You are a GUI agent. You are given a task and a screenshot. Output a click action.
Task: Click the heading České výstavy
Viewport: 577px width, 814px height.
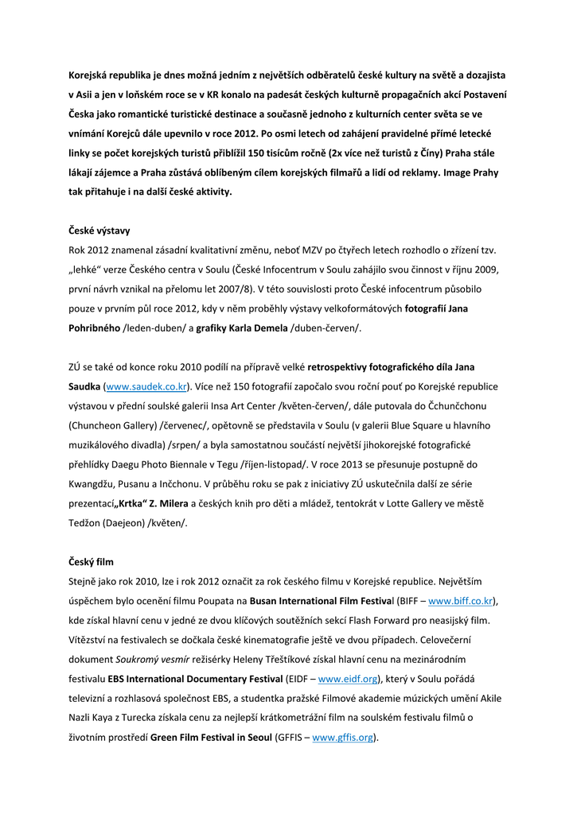pos(99,231)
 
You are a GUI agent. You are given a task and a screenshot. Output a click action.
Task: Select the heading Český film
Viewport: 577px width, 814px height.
pos(91,562)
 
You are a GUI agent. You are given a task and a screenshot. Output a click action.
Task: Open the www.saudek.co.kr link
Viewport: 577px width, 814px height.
pos(146,387)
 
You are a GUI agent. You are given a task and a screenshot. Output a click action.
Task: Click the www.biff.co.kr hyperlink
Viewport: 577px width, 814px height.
pos(460,601)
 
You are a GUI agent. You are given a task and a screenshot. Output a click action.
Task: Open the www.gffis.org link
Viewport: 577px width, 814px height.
pos(342,738)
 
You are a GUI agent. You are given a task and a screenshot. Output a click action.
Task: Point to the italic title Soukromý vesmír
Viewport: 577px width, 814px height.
pos(152,660)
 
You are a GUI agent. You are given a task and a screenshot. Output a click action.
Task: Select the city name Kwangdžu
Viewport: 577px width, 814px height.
pos(93,484)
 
